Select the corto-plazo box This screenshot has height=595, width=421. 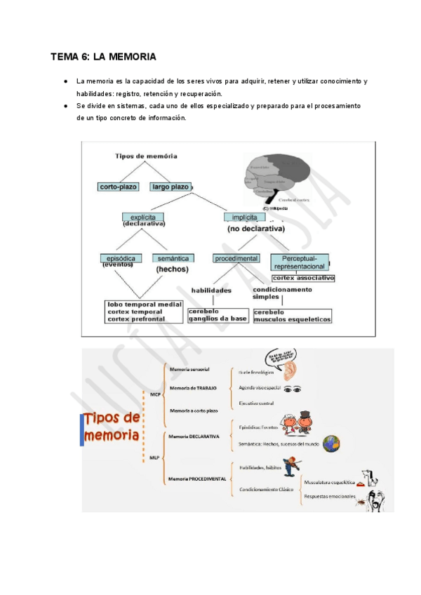[x=119, y=187]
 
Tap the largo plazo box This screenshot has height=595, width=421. [x=171, y=187]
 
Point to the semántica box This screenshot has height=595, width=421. [x=173, y=258]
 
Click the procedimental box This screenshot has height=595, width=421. [x=236, y=258]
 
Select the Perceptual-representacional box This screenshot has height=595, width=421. [x=299, y=262]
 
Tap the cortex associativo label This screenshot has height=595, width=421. [x=303, y=278]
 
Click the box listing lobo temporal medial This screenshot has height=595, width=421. [x=144, y=312]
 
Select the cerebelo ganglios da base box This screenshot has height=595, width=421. [x=218, y=314]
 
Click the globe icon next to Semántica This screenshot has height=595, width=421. [x=330, y=443]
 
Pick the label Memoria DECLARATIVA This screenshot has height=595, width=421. [x=194, y=436]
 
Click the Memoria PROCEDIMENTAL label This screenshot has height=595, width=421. [x=197, y=479]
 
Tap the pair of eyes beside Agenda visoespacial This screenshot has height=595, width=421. [x=293, y=388]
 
